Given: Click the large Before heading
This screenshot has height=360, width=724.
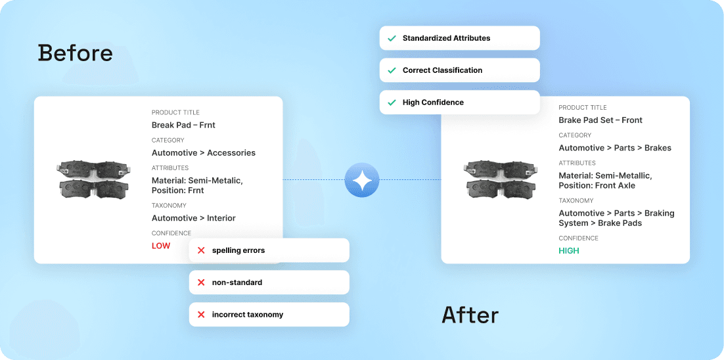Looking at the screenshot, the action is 75,53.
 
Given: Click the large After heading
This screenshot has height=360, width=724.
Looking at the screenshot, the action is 470,315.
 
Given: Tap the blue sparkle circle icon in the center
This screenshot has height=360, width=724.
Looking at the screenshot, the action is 362,179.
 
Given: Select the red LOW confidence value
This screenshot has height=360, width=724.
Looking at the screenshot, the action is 161,246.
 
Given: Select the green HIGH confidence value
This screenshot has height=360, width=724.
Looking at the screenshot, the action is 569,251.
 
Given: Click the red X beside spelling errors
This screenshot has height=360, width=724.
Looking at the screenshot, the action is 201,250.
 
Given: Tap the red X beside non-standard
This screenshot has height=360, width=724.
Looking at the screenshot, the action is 201,282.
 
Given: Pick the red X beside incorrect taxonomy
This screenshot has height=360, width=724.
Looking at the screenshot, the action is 201,315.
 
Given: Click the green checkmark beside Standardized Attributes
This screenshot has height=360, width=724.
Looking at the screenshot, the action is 392,38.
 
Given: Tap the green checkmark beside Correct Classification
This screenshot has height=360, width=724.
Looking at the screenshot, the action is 392,70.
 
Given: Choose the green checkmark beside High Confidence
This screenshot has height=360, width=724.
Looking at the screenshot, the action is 392,102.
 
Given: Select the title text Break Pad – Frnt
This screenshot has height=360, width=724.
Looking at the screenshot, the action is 183,125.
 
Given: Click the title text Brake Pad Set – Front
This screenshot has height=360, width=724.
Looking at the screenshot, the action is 600,120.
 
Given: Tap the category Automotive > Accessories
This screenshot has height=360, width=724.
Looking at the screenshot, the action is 204,153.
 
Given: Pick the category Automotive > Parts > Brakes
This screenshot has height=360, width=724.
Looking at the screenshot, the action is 615,148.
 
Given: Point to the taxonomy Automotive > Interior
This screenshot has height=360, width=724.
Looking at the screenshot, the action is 194,218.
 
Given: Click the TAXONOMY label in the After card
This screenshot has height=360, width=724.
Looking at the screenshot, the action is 576,201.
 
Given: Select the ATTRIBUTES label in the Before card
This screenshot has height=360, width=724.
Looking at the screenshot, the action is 170,168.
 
